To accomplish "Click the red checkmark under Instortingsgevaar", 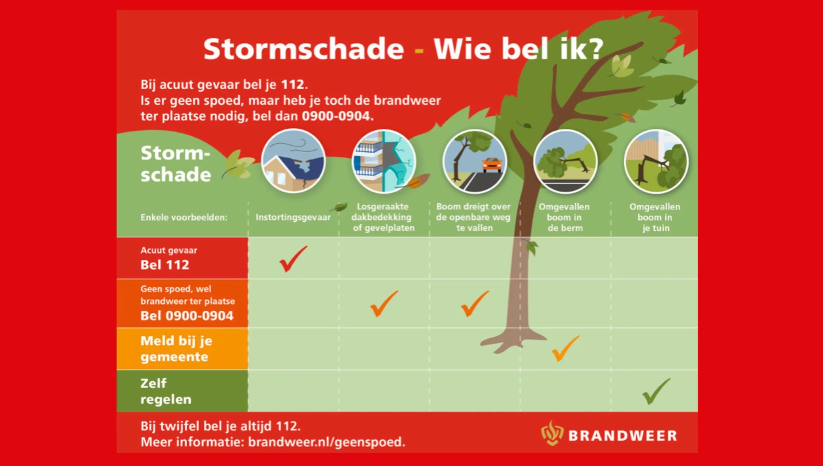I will (292, 260).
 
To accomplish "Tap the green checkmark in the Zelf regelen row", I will (655, 392).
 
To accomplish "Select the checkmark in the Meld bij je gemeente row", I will (565, 349).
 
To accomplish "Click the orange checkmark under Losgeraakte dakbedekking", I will (383, 304).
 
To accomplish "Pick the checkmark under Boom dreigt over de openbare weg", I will (474, 304).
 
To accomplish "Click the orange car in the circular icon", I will (492, 165).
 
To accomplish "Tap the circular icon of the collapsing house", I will (293, 161).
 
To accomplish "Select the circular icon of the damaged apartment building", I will (384, 161).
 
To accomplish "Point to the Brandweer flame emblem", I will (552, 433).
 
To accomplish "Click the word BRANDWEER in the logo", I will (622, 436).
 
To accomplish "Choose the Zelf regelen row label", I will (166, 391).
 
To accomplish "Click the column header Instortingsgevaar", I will (293, 217).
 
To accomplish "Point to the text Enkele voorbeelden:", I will (184, 218).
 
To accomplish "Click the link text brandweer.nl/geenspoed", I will (326, 442).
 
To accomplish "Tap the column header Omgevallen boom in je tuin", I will (655, 217).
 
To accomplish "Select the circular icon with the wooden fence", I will (656, 161).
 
